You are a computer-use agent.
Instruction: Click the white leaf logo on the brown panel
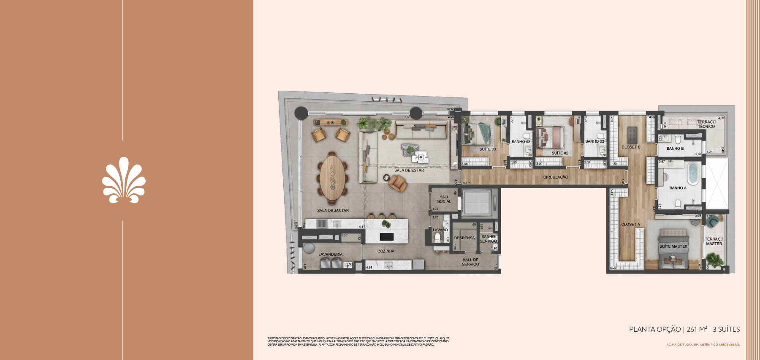[x=124, y=180]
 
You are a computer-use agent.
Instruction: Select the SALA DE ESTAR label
[x=409, y=170]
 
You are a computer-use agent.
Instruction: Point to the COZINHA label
[x=385, y=251]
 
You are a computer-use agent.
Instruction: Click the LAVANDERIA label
[x=330, y=254]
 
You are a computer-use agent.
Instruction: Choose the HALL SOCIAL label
[x=444, y=199]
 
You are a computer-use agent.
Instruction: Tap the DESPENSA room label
[x=464, y=238]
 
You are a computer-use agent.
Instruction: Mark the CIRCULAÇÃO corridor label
[x=555, y=177]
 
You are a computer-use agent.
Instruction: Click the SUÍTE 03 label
[x=487, y=149]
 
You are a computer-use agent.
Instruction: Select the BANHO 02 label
[x=594, y=141]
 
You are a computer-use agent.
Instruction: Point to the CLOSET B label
[x=631, y=147]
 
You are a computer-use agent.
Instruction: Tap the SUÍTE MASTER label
[x=673, y=246]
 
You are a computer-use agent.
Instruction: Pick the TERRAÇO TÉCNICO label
[x=706, y=124]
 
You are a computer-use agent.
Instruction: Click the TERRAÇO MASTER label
[x=714, y=241]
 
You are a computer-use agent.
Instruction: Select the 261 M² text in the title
[x=697, y=329]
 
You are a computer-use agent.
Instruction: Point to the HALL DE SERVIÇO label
[x=470, y=262]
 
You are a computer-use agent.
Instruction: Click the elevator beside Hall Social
[x=477, y=203]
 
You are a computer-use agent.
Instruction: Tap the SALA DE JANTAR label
[x=333, y=211]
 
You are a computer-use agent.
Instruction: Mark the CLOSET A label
[x=630, y=225]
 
